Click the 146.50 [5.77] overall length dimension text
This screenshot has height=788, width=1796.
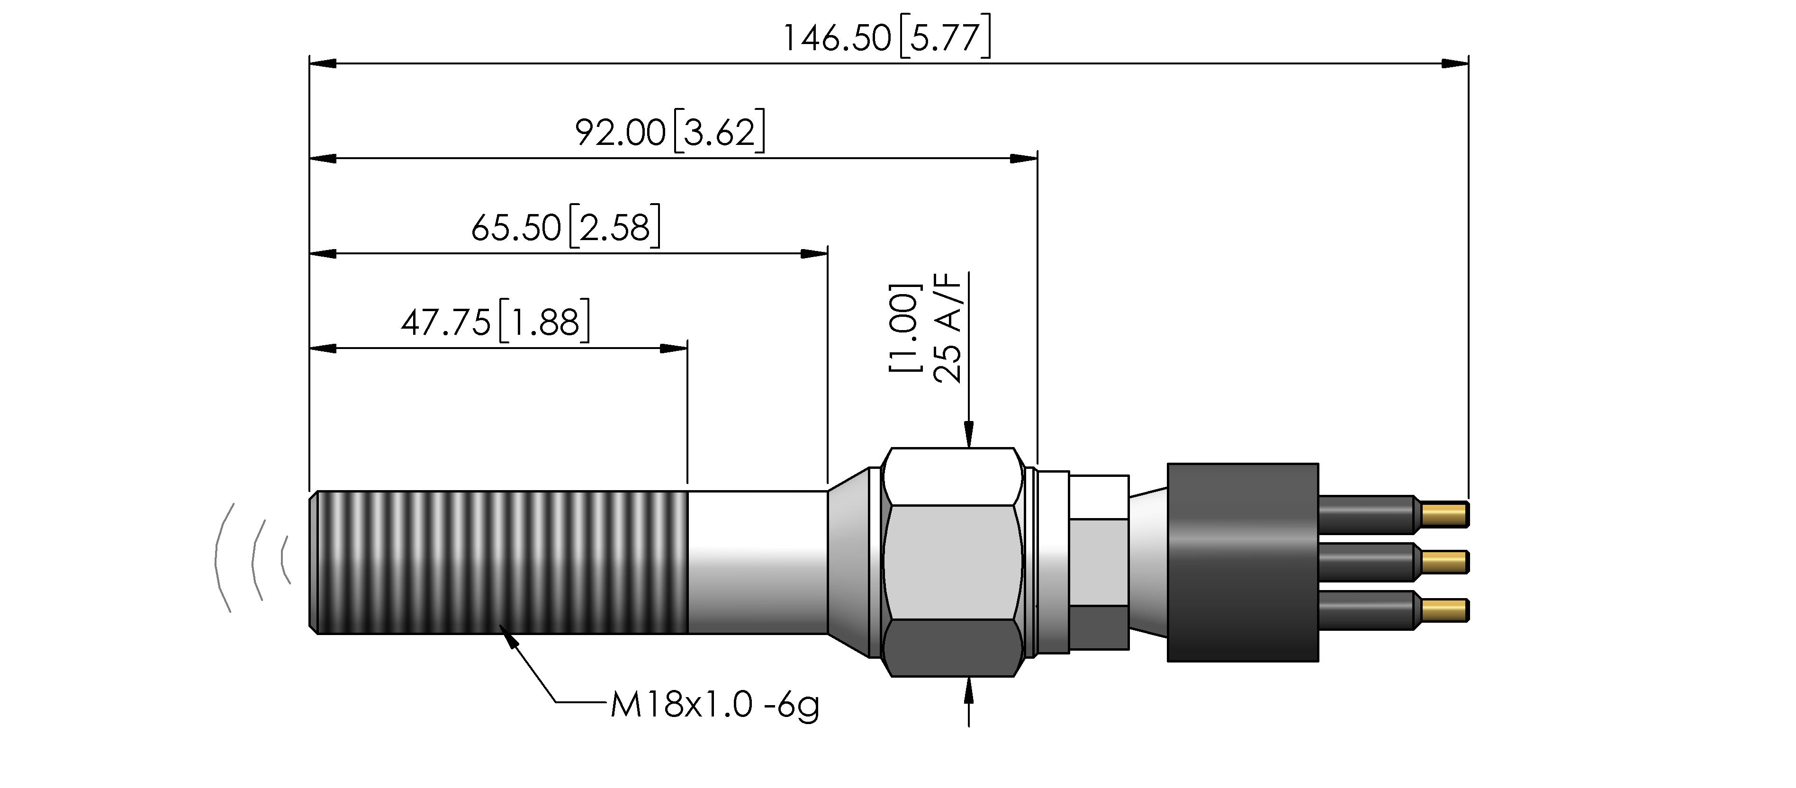click(x=886, y=38)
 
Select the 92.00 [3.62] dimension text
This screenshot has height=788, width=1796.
click(x=670, y=133)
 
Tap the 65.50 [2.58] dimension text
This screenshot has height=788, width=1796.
click(x=566, y=227)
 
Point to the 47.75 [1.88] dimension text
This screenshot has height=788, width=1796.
click(x=495, y=322)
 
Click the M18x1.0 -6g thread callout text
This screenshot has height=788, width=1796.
click(x=714, y=705)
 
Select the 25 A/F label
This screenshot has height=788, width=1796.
click(x=948, y=327)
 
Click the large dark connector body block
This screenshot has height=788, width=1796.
click(x=1243, y=562)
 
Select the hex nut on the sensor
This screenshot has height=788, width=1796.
click(x=952, y=562)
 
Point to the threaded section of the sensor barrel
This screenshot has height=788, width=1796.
click(x=498, y=562)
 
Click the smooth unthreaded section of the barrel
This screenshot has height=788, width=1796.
click(x=758, y=562)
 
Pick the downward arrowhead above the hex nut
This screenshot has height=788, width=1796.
click(x=968, y=433)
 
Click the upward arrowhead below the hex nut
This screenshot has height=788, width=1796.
click(x=968, y=691)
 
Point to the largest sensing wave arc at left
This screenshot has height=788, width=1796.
click(x=217, y=557)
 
